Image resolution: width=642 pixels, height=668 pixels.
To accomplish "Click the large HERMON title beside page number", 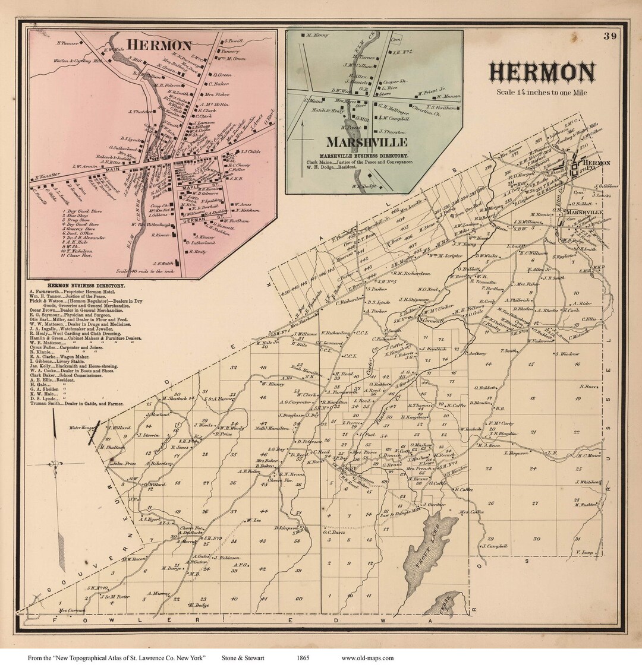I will click(x=542, y=72).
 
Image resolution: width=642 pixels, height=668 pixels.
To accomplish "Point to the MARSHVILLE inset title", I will click(x=366, y=143).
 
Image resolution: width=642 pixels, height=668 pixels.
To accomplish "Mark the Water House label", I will click(x=82, y=428).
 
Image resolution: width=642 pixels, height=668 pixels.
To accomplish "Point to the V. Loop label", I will click(x=586, y=553).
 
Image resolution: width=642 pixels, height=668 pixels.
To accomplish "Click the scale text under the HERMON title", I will click(x=541, y=92).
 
